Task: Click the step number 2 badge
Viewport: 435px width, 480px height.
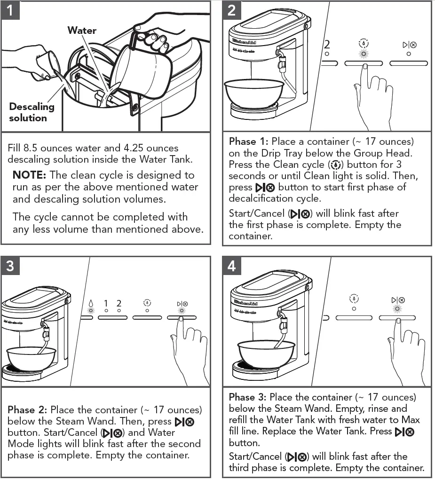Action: [x=231, y=10]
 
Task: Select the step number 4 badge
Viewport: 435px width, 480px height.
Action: [x=231, y=266]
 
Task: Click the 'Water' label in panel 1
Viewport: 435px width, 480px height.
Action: [x=82, y=31]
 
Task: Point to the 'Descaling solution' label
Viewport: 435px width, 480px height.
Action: [x=32, y=112]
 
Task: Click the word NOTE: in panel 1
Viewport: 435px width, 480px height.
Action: [x=29, y=175]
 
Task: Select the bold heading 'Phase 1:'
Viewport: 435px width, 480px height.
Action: [x=248, y=142]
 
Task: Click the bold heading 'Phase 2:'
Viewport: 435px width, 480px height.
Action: [x=27, y=410]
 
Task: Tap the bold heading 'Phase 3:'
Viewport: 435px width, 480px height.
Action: [x=248, y=397]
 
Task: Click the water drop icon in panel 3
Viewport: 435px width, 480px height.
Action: [x=91, y=304]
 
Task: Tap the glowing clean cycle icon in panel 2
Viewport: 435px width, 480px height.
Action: [x=363, y=43]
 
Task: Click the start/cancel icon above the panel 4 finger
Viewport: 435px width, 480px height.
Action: [x=398, y=300]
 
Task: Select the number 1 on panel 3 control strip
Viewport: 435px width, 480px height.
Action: [x=106, y=304]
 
